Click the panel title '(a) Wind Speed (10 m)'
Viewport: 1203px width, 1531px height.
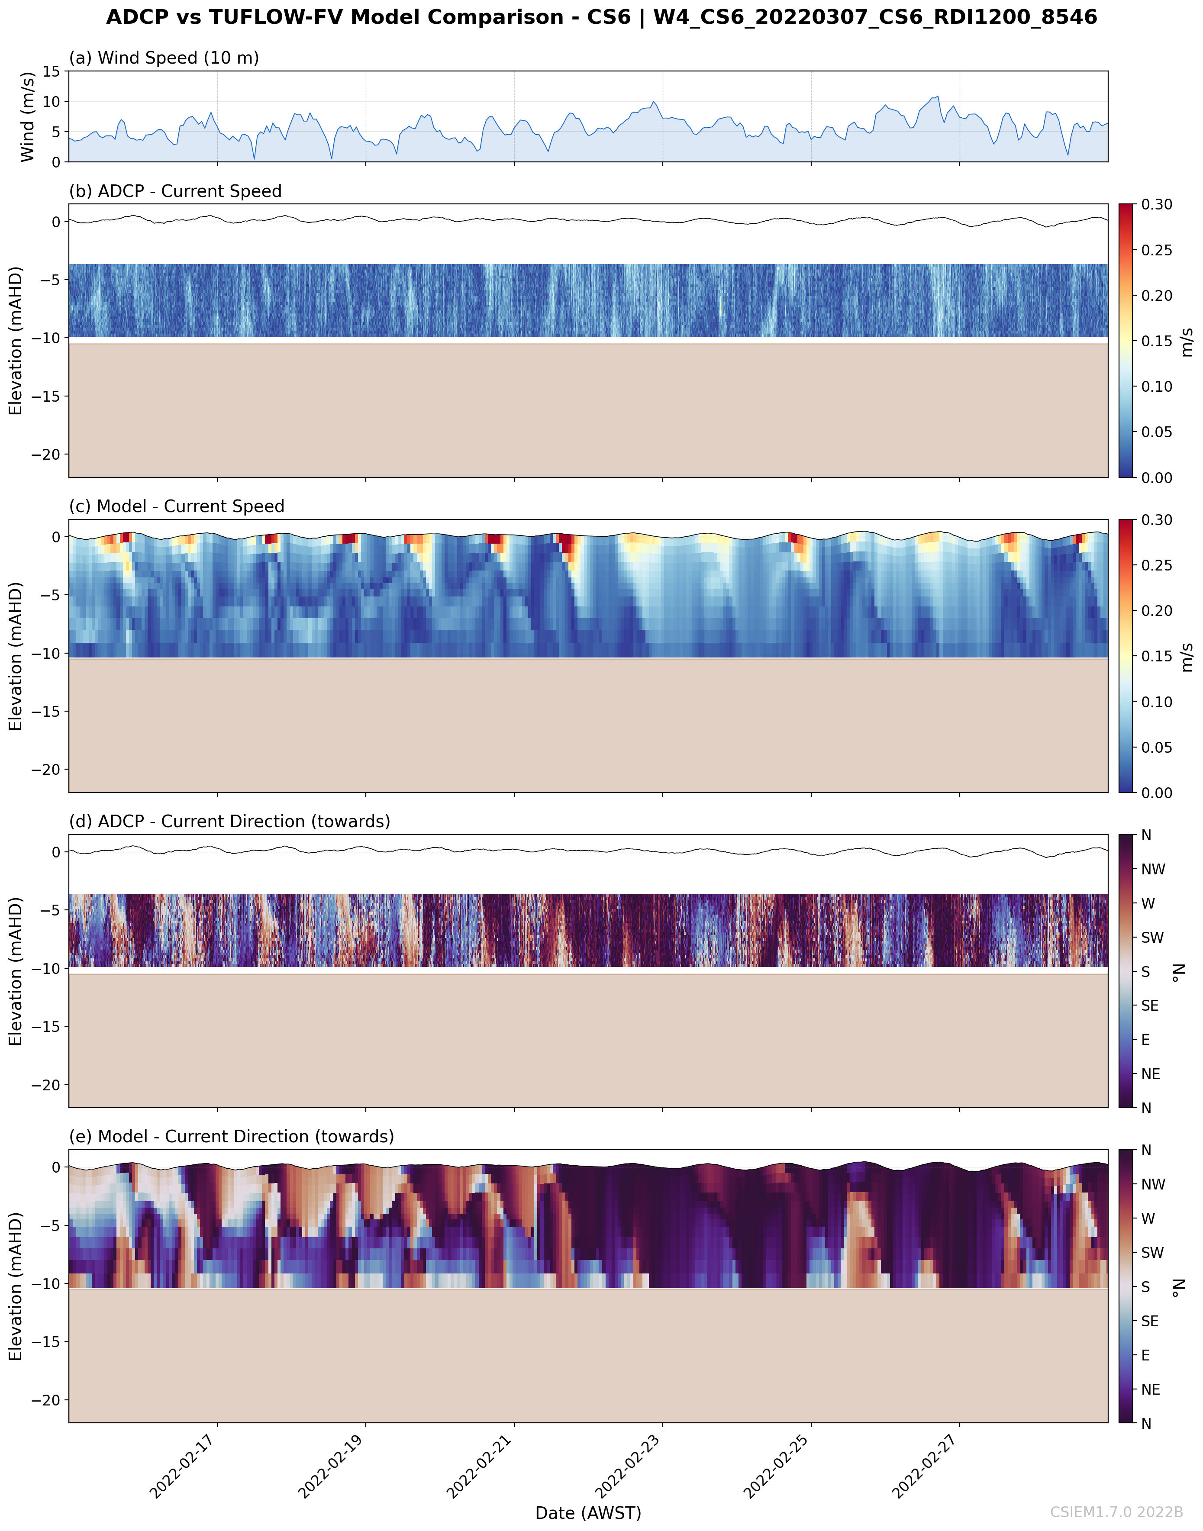point(163,58)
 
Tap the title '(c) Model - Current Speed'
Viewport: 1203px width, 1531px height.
point(176,506)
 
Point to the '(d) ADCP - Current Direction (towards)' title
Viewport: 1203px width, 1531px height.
point(229,821)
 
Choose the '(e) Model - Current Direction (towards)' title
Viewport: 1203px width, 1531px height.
point(231,1137)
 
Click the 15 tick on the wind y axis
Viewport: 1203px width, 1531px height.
point(52,71)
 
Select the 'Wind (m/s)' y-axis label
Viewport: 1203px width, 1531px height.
point(27,116)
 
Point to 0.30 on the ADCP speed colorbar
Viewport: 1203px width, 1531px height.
point(1157,205)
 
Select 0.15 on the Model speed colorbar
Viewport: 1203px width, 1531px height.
point(1157,656)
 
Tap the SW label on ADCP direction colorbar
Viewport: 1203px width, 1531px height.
point(1152,937)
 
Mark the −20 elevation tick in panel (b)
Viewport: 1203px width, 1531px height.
point(46,454)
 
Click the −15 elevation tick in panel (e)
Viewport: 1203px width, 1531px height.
point(46,1341)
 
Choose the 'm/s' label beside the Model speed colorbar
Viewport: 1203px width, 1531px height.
point(1187,656)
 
